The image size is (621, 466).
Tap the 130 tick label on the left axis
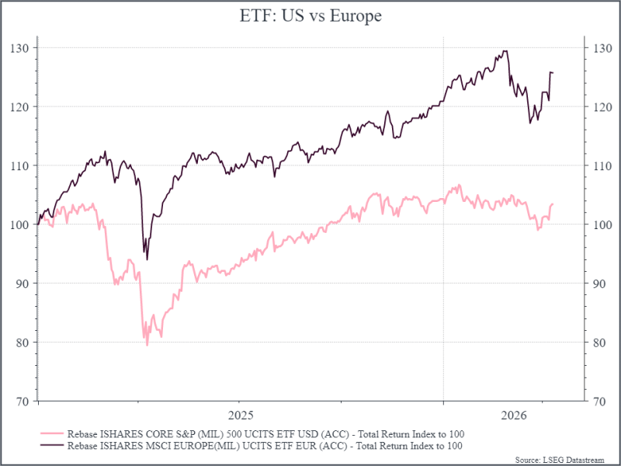21,47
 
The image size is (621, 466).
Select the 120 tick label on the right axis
599,106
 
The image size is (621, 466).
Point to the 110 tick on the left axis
21,165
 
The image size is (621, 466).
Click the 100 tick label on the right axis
599,224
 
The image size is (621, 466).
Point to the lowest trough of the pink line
147,344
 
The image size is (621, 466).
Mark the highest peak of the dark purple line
505,51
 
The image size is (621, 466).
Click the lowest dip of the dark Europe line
147,259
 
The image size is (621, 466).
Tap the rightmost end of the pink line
553,204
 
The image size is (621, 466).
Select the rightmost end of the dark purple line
553,73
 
